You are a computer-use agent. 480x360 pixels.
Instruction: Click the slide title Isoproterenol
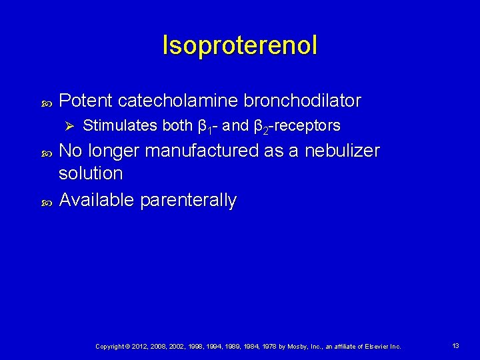coord(240,45)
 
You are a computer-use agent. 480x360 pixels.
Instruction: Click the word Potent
coord(85,101)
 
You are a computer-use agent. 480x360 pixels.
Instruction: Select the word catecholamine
coord(177,101)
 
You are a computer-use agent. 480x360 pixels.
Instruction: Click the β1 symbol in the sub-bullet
coord(204,126)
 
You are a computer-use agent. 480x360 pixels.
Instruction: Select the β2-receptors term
coord(297,126)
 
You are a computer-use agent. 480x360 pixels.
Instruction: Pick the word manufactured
coord(201,151)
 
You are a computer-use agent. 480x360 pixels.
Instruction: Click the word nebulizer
coord(342,151)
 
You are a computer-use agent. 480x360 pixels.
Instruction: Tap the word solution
coord(91,173)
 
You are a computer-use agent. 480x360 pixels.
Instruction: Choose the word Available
coord(96,200)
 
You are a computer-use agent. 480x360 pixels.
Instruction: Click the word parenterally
coord(188,200)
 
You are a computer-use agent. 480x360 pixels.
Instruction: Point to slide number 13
coord(456,345)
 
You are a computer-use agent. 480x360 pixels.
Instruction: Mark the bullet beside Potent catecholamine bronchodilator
coord(47,102)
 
